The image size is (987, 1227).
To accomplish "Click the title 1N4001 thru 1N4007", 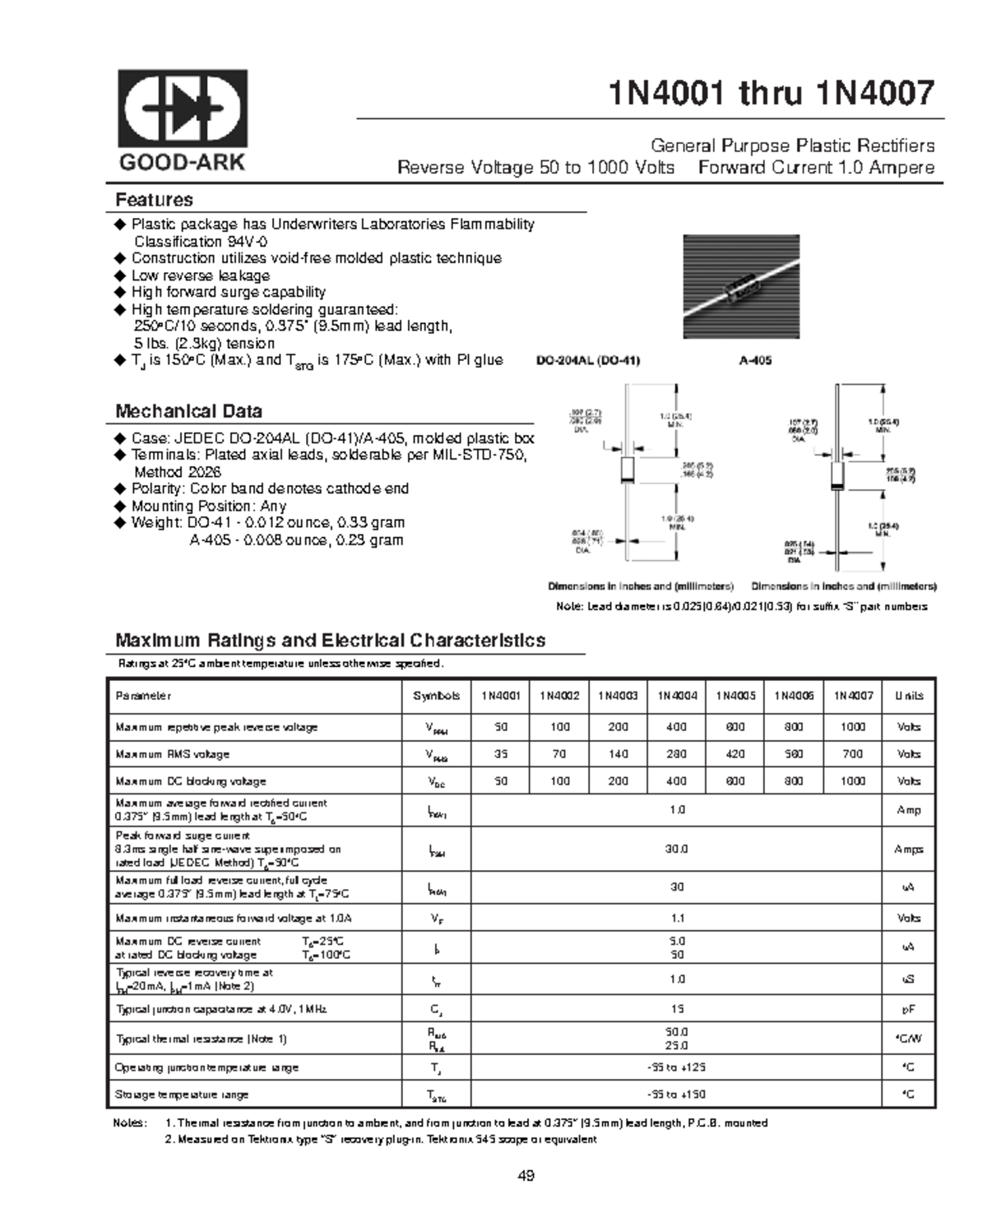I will click(771, 94).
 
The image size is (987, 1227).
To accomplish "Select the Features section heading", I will click(154, 200).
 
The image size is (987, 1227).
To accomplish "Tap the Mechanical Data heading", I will click(188, 411).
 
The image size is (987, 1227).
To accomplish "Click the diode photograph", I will click(741, 286).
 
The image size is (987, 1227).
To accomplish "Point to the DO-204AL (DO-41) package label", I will click(587, 360).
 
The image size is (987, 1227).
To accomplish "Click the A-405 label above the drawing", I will click(756, 360).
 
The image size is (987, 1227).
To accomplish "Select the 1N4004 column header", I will click(677, 696).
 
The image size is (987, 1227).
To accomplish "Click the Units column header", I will click(908, 696).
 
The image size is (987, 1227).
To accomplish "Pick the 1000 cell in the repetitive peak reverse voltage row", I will click(852, 727).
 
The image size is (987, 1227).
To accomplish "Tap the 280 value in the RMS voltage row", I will click(677, 754).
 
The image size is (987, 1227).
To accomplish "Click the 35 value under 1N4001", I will click(500, 754).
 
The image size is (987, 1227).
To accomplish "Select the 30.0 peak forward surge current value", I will click(676, 850).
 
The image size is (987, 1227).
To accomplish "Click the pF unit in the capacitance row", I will click(908, 1009).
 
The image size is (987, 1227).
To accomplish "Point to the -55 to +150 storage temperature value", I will click(676, 1095).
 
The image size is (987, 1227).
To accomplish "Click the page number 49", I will click(526, 1176).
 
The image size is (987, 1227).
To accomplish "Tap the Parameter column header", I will click(143, 696).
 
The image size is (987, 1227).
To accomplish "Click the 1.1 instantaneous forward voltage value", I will click(676, 918).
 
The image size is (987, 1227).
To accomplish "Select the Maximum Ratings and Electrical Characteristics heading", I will click(330, 641).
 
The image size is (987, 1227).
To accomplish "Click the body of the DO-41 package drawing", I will click(627, 470).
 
